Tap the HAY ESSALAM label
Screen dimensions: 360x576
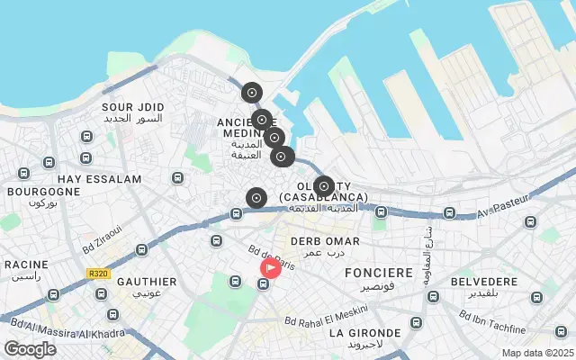(x=99, y=179)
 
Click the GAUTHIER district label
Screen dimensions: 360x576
(x=146, y=282)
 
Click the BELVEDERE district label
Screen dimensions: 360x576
(x=484, y=282)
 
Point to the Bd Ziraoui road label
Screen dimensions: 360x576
(x=101, y=242)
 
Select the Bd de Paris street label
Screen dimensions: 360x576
(x=272, y=256)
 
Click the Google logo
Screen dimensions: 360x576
(x=30, y=349)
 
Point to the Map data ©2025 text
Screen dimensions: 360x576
(x=536, y=353)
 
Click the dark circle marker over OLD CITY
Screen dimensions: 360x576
(x=324, y=186)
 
